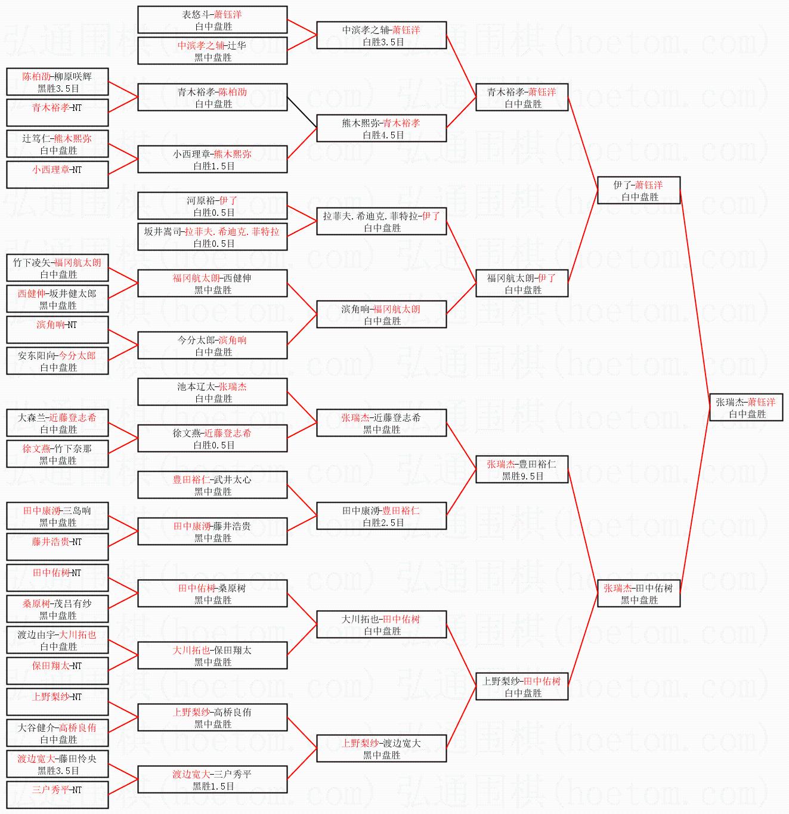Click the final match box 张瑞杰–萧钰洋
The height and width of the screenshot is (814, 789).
coord(746,407)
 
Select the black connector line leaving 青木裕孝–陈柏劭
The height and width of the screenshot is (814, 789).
coord(302,113)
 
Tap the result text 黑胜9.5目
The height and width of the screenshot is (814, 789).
coord(522,476)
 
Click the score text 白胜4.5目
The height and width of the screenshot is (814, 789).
coord(383,135)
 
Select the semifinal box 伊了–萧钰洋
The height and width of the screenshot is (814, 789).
coord(639,190)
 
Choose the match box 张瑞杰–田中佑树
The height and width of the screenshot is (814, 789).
coord(639,593)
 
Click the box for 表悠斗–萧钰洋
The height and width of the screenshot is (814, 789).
coord(212,20)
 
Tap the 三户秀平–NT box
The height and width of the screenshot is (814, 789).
coord(57,795)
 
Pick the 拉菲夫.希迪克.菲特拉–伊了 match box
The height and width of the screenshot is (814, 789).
coord(382,221)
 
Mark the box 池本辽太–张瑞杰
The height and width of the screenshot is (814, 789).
coord(212,392)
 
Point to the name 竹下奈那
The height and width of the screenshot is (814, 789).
coord(73,449)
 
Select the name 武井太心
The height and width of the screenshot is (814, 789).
coord(233,480)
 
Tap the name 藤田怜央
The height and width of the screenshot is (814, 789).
coord(78,759)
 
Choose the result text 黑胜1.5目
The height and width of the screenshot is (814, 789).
coord(214,787)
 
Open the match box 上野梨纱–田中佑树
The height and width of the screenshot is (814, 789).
coord(522,686)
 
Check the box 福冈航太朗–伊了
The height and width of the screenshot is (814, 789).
coord(522,283)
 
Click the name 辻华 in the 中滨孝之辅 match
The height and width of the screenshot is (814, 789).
coord(237,45)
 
